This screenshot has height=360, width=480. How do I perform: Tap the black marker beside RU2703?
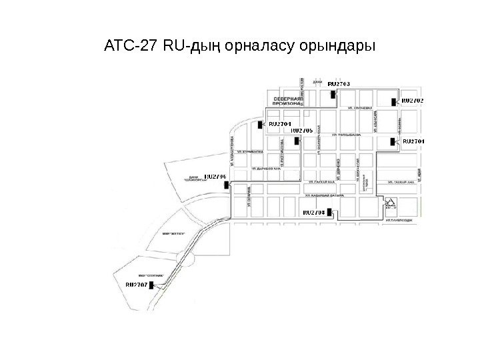point(331,93)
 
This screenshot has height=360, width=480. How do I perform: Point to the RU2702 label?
point(412,101)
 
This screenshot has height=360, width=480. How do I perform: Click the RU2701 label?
point(413,141)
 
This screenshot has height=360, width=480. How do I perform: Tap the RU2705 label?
point(303,131)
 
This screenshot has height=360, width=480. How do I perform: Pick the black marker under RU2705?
point(295,141)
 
